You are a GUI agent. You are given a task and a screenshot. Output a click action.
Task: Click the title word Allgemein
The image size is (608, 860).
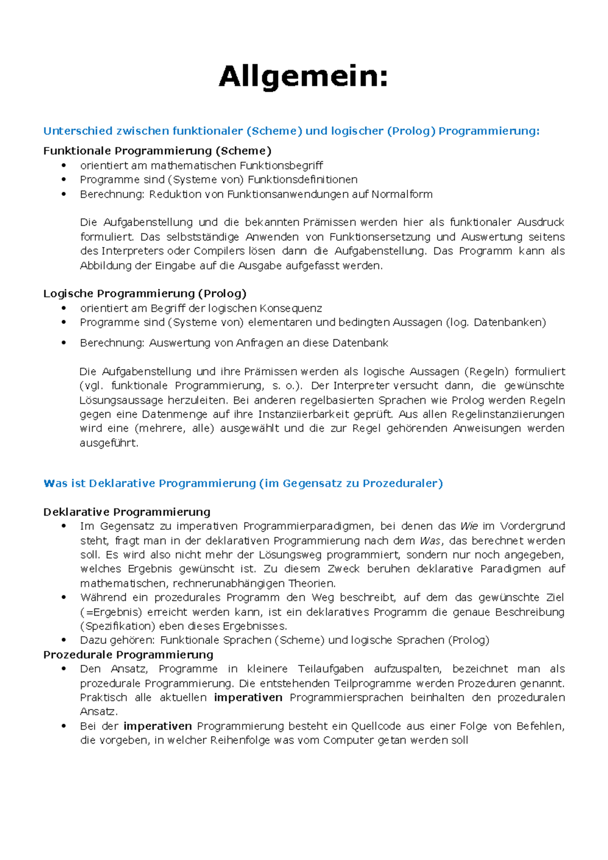[x=303, y=77]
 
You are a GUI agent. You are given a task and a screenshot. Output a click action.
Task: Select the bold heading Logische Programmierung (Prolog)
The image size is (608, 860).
[x=145, y=294]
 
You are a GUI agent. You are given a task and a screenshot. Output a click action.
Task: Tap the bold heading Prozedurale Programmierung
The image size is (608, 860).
[x=128, y=655]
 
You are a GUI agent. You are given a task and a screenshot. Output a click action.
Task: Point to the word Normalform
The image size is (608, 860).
[x=402, y=194]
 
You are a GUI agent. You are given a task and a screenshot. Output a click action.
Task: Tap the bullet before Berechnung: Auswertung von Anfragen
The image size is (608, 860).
[x=64, y=343]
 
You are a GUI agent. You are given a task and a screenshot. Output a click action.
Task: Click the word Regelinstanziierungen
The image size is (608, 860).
[x=508, y=414]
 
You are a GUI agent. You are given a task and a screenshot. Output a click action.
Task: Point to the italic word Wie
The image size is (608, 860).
[x=469, y=526]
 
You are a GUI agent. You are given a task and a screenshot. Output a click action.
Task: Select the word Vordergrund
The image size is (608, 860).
[x=533, y=526]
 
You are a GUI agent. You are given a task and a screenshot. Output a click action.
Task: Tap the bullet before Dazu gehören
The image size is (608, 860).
[x=64, y=640]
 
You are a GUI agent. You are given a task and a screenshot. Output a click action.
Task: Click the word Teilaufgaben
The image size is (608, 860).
[x=330, y=669]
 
